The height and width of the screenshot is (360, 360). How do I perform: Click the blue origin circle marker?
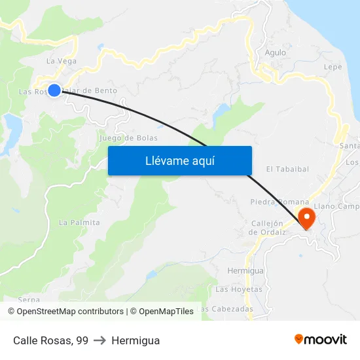(x=54, y=90)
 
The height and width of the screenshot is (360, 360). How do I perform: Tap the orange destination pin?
(x=306, y=217)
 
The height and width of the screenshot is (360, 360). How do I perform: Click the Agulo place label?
(x=276, y=53)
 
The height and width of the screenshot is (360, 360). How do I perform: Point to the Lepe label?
(x=333, y=67)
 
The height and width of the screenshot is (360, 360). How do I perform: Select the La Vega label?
(x=62, y=61)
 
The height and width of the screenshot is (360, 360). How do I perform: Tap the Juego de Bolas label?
(x=128, y=138)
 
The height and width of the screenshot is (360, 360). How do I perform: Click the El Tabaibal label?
(x=287, y=169)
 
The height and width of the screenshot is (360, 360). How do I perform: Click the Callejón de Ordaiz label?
(x=267, y=227)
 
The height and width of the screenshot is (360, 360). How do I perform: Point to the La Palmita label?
(x=79, y=223)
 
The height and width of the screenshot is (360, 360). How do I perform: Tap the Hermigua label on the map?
(x=245, y=270)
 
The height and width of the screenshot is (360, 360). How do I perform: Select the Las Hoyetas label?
(x=238, y=289)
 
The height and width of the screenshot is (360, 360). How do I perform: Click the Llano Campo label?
(x=338, y=207)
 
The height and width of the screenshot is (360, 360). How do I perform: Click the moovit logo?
(x=321, y=340)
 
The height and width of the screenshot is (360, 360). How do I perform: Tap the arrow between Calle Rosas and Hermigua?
(x=100, y=340)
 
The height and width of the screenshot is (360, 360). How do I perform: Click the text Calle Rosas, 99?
(x=50, y=340)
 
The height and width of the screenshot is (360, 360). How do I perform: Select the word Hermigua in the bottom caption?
(x=135, y=340)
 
